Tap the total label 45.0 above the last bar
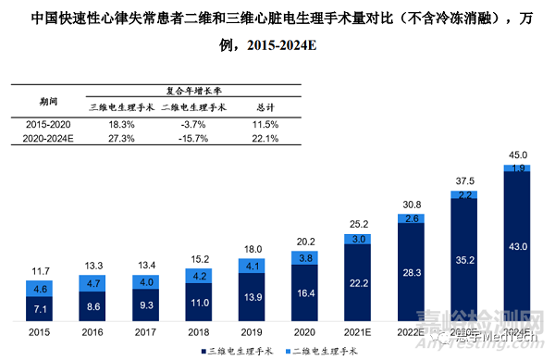pyautogui.click(x=518, y=156)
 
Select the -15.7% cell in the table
pyautogui.click(x=192, y=138)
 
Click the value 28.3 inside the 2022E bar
pyautogui.click(x=413, y=273)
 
